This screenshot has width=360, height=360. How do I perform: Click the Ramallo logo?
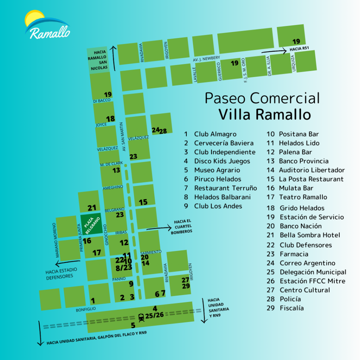(x=47, y=26)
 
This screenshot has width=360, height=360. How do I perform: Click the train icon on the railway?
(x=141, y=317)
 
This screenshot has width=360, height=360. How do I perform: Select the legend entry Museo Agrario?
(x=217, y=170)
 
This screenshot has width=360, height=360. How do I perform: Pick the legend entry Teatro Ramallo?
(x=303, y=197)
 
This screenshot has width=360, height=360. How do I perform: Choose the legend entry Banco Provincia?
(x=303, y=161)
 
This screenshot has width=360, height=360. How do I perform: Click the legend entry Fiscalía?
(x=291, y=308)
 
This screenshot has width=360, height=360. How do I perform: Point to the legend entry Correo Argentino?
(x=307, y=263)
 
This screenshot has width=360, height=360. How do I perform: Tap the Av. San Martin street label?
(x=124, y=137)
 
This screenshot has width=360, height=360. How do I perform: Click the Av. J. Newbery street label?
(x=206, y=58)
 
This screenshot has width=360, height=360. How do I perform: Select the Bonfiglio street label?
(x=86, y=310)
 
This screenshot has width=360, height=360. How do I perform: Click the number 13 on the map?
(x=116, y=171)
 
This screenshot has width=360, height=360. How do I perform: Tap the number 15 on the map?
(x=143, y=202)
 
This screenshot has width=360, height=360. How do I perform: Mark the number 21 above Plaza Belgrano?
(x=92, y=208)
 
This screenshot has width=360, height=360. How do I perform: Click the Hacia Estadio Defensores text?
(x=61, y=273)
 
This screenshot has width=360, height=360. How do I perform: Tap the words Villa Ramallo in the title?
(x=265, y=115)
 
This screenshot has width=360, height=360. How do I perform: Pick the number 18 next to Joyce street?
(x=110, y=119)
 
